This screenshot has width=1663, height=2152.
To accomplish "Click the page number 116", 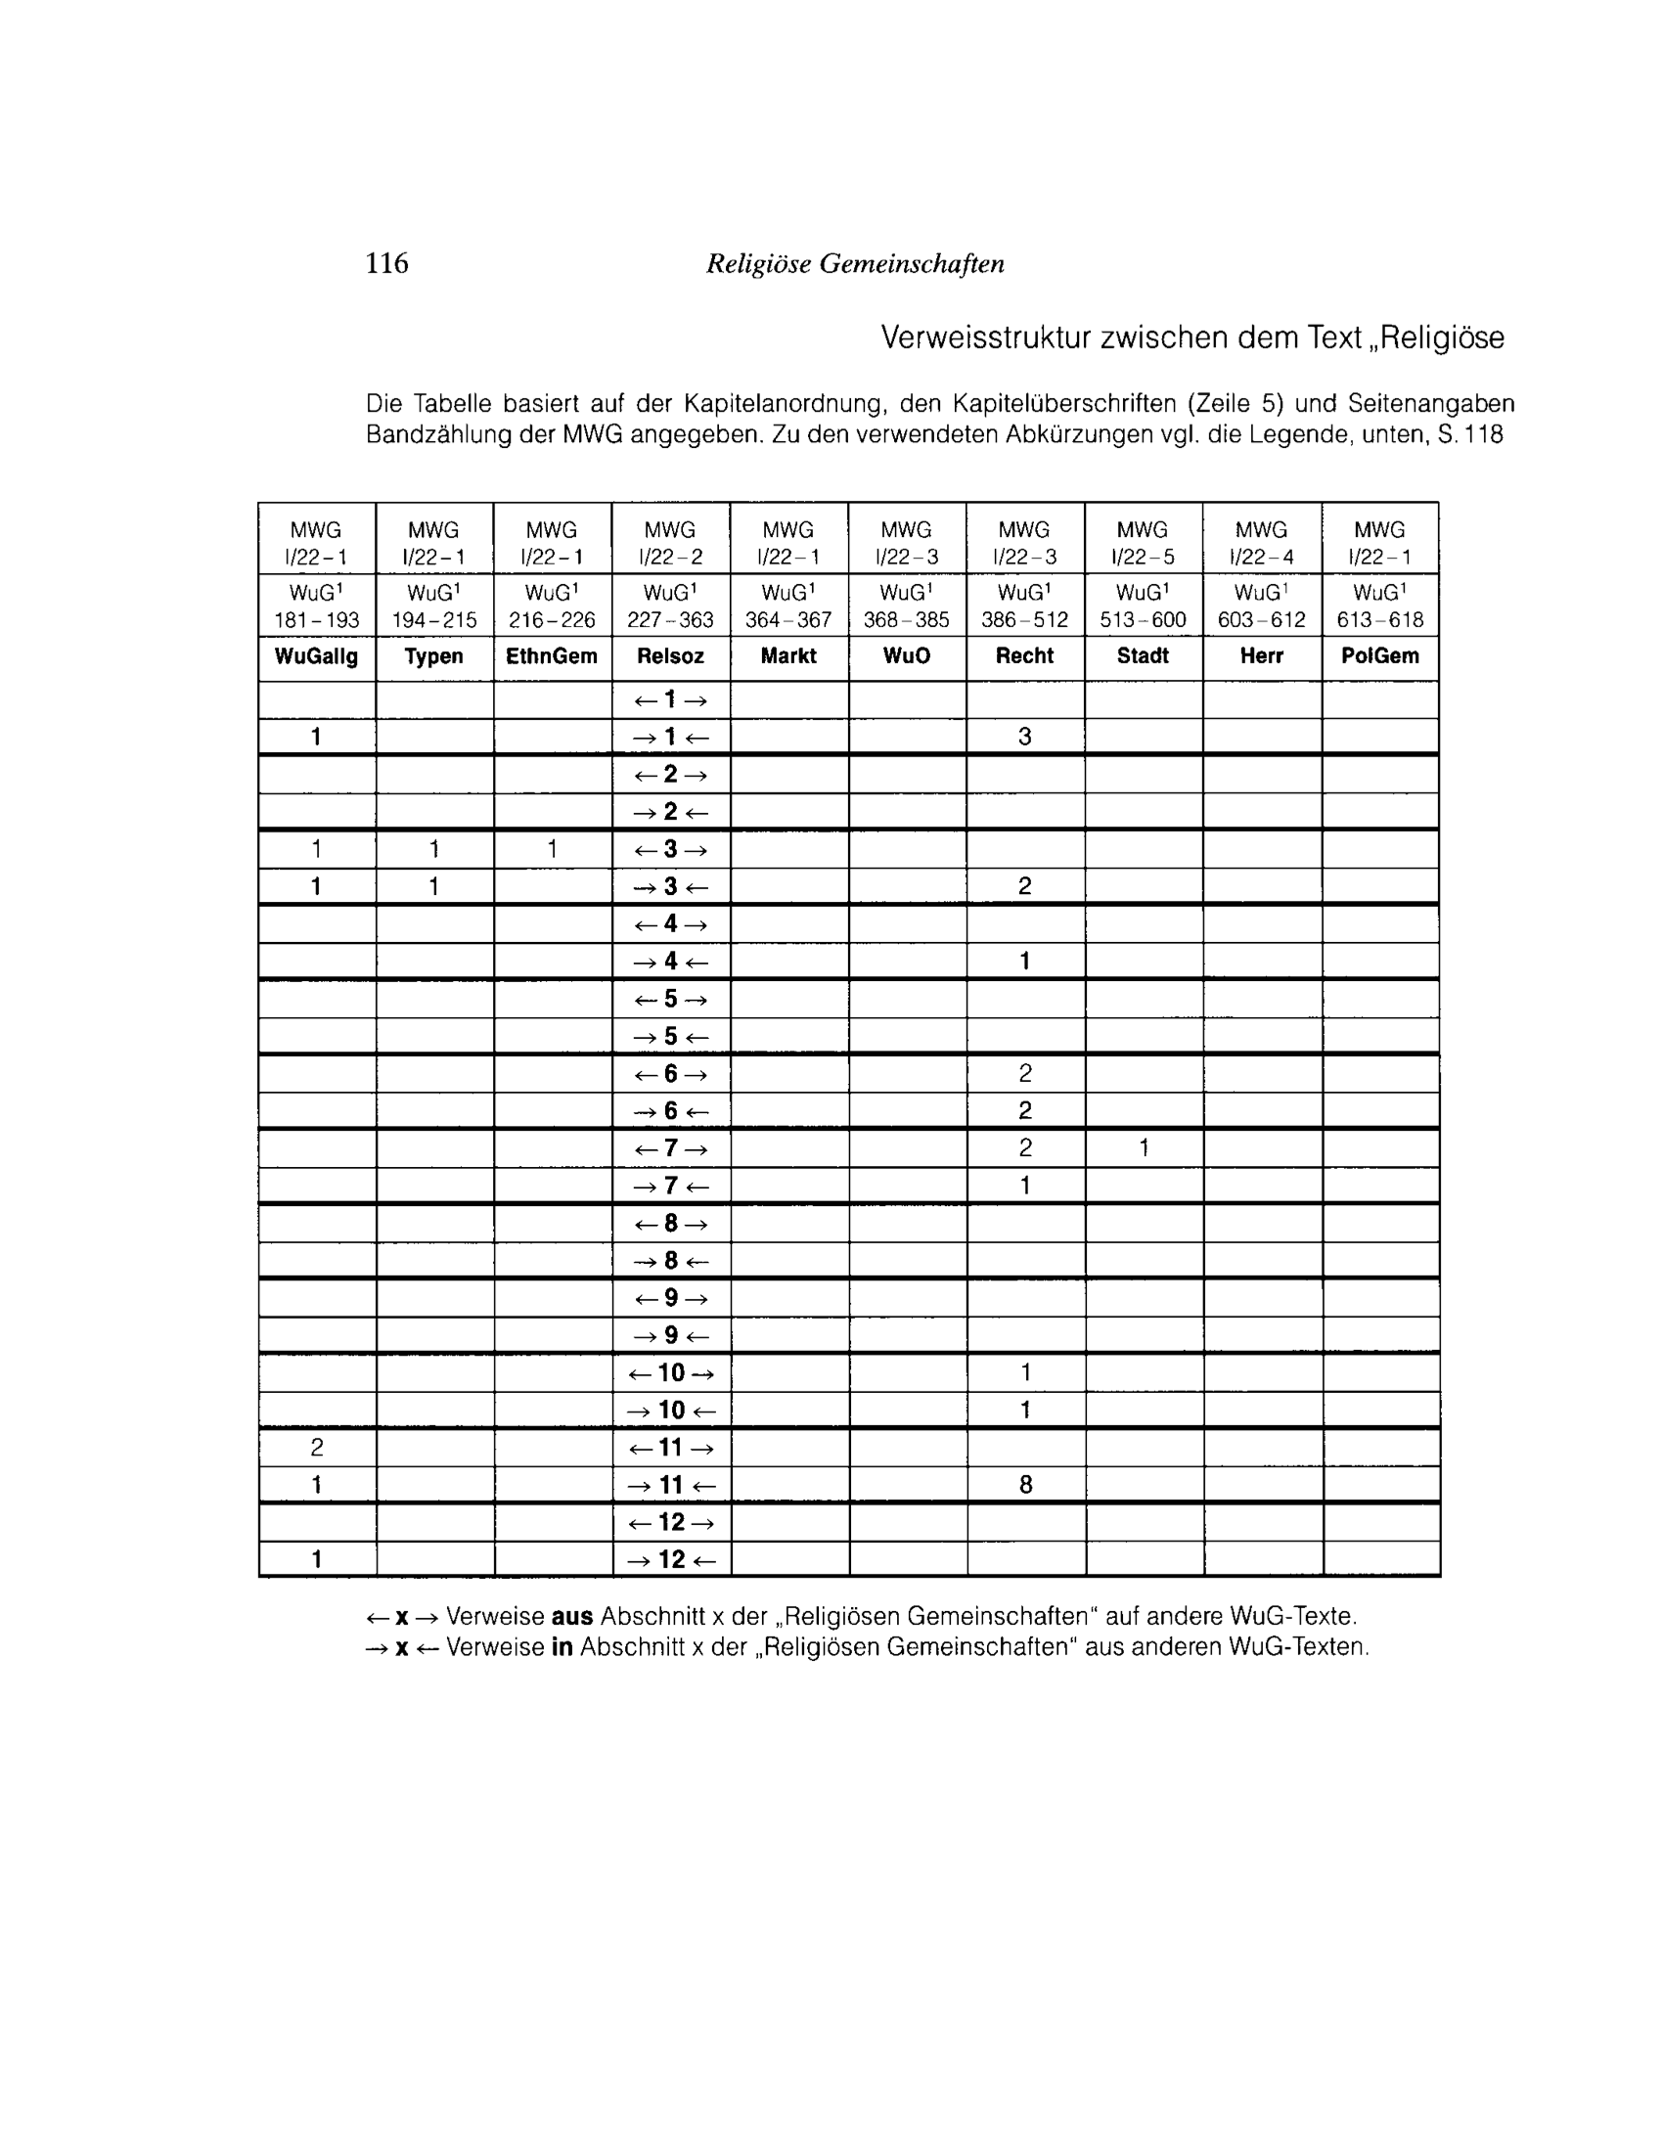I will pos(386,263).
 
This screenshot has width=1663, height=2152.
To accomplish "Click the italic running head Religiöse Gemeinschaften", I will pos(855,264).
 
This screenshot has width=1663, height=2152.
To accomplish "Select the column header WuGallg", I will pos(316,656).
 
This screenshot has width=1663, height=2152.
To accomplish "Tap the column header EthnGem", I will pos(552,656).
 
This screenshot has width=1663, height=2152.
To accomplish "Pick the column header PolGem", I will pos(1379,656).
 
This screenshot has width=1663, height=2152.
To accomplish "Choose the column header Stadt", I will pos(1143,656).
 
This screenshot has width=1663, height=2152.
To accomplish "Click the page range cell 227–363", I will pos(670,620).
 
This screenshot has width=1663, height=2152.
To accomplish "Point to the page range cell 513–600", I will pos(1143,620).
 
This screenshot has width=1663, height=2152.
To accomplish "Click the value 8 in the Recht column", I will pos(1025,1484).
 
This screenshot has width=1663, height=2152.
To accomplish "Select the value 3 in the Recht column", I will pos(1025,736).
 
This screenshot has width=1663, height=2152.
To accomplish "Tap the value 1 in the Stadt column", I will pos(1144,1148).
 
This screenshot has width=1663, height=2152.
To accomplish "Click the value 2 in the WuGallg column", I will pos(316,1448).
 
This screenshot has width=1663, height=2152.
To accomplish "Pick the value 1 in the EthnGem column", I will pos(553,849).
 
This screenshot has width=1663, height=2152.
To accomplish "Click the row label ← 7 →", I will pos(671,1148).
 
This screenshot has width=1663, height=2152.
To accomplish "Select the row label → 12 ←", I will pos(671,1559).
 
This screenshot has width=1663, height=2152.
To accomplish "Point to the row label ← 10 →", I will pos(671,1372).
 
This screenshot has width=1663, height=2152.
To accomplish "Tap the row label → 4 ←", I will pos(671,961).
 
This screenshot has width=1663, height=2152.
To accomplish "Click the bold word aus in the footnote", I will pos(571,1617).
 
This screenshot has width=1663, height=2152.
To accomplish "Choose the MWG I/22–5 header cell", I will pos(1143,543).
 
